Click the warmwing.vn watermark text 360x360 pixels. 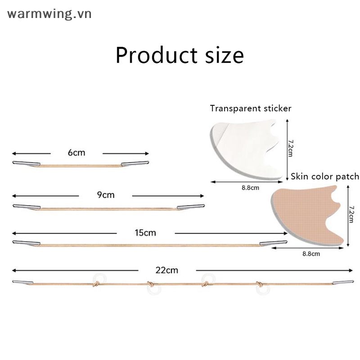click(x=49, y=14)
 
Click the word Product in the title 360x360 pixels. click(x=156, y=55)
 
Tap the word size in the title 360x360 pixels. click(x=224, y=55)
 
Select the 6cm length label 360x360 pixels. click(x=76, y=153)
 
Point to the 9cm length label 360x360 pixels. click(x=106, y=195)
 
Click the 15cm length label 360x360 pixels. click(x=145, y=233)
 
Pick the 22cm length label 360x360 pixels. click(x=166, y=270)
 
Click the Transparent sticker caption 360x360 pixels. click(x=251, y=108)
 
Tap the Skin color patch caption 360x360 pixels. click(x=325, y=176)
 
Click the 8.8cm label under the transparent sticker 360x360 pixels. click(x=250, y=188)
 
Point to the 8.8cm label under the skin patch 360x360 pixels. click(x=311, y=254)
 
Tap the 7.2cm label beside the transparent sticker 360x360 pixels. click(x=290, y=148)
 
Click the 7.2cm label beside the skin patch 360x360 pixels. click(x=351, y=214)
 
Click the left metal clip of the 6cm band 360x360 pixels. click(x=27, y=164)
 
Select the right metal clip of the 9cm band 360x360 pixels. click(x=190, y=207)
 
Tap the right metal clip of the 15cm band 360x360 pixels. click(x=273, y=243)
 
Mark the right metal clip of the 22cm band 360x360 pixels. click(x=343, y=283)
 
